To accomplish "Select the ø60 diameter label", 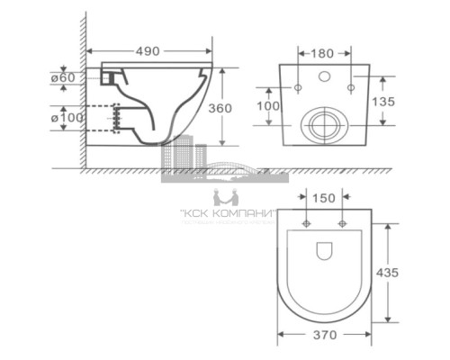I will coord(64,78).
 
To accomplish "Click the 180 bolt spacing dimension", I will coord(323,53).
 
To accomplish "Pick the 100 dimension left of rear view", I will coord(266,107).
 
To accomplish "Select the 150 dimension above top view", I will coord(325,198).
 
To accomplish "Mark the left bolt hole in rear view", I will coord(298,87).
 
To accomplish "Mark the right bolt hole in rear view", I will coord(348,87).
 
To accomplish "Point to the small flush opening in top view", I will coord(324,250).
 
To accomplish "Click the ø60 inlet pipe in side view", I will coord(111,79).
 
